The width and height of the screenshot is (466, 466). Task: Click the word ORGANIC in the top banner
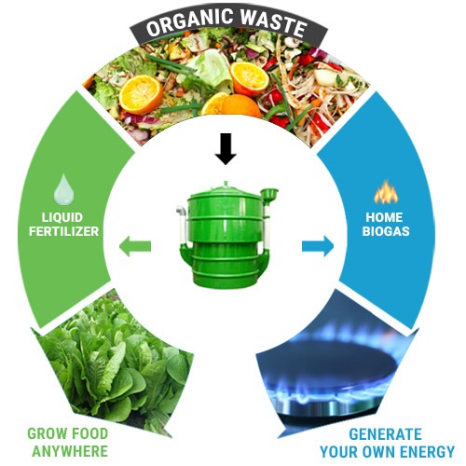[x=190, y=22]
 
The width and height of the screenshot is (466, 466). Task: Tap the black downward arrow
[x=226, y=149]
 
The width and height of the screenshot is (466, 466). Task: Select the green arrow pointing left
[x=135, y=246]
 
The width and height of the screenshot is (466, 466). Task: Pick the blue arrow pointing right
[x=318, y=246]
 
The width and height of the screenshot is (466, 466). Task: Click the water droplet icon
[x=64, y=189]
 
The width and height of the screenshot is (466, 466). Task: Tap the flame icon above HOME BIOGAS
[x=386, y=192]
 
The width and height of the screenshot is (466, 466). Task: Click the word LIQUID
[x=62, y=217]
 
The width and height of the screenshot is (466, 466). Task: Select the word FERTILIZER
[x=64, y=231]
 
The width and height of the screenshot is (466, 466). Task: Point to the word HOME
[x=384, y=217]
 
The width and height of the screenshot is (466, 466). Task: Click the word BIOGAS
[x=386, y=231]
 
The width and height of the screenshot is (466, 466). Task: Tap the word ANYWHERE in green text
[x=70, y=451]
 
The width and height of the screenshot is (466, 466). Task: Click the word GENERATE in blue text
[x=385, y=434]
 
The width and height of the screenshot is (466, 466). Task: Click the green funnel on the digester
[x=269, y=195]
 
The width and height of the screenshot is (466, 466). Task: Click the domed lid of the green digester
[x=225, y=189]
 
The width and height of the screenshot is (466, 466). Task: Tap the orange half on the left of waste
[x=141, y=94]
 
